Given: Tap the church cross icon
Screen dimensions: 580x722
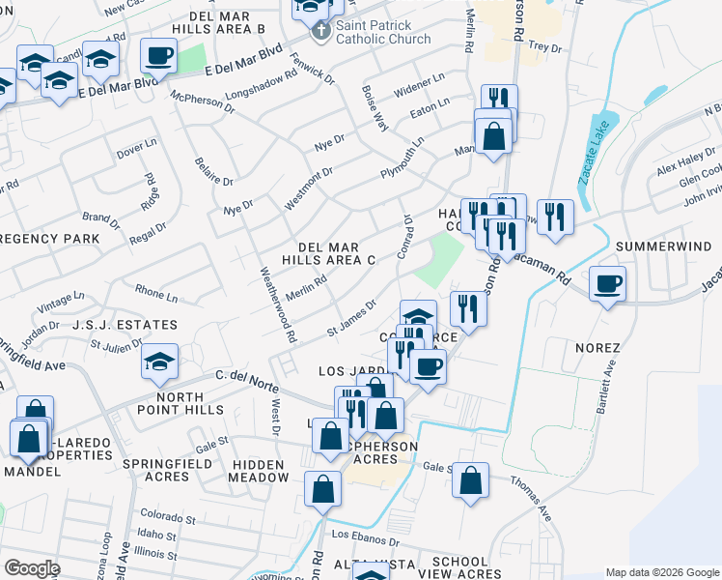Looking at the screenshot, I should point(321,32).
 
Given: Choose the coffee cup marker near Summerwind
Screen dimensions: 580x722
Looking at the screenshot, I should point(607,284).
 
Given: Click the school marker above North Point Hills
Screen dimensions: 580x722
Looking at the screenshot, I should point(159,362).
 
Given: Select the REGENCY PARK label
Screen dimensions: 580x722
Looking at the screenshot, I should point(50,238).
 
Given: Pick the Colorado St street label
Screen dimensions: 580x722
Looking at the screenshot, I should point(167,516).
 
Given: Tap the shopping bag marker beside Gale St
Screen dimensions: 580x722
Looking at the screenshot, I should point(470,480).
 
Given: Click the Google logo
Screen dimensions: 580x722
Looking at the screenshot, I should point(32,568).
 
